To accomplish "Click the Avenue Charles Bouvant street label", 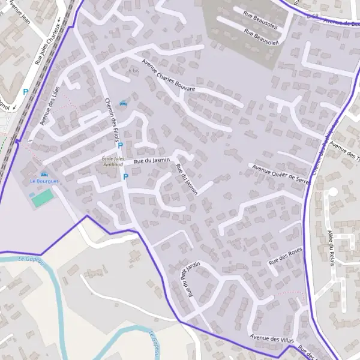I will [169, 76].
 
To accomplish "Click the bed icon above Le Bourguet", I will [44, 174].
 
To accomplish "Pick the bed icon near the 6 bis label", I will [124, 103].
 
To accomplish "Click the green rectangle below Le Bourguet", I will [41, 197].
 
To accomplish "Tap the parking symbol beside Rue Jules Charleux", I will [25, 92].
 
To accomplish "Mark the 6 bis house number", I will [133, 70].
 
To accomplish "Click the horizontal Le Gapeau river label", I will [32, 259].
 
